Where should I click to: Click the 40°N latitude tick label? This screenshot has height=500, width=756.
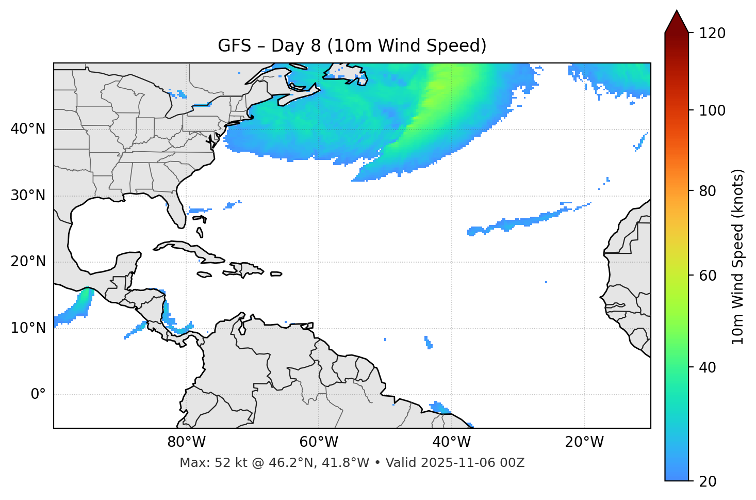pos(28,129)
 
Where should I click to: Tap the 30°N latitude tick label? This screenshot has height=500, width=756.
pos(28,196)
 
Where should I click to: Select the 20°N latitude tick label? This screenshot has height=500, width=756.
pos(28,262)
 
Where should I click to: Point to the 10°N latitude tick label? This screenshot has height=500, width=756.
pos(28,328)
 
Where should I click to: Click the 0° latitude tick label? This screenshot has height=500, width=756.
pos(38,395)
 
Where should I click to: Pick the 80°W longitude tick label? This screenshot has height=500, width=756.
pos(186,442)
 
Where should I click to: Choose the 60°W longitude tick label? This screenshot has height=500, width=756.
pos(319,442)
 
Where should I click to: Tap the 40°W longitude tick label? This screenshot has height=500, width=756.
pos(452,442)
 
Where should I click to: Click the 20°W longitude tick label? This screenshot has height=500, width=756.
pos(584,442)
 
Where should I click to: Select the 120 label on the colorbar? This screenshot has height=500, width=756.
pos(712,34)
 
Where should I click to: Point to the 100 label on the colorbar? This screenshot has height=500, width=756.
pos(712,110)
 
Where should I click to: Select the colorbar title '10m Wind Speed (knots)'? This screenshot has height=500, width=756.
pos(738,256)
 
